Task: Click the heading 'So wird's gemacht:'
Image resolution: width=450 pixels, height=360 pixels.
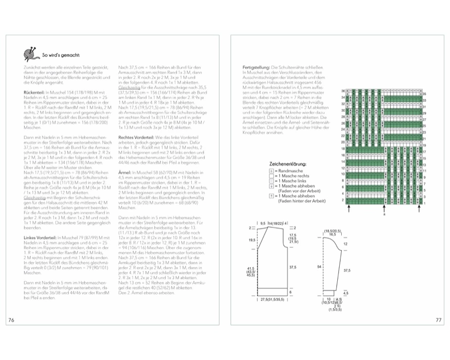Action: pyautogui.click(x=62, y=55)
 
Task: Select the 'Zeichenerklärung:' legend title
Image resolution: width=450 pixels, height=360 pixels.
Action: pyautogui.click(x=288, y=163)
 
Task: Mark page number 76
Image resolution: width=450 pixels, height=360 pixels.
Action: pyautogui.click(x=11, y=320)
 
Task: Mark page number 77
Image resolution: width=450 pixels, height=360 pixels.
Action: pyautogui.click(x=438, y=320)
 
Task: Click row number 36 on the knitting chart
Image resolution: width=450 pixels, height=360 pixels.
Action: pyautogui.click(x=343, y=91)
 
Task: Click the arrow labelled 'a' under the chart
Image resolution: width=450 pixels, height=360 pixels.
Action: pyautogui.click(x=384, y=209)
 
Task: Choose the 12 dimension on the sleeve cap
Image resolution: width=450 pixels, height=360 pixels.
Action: pyautogui.click(x=345, y=244)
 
